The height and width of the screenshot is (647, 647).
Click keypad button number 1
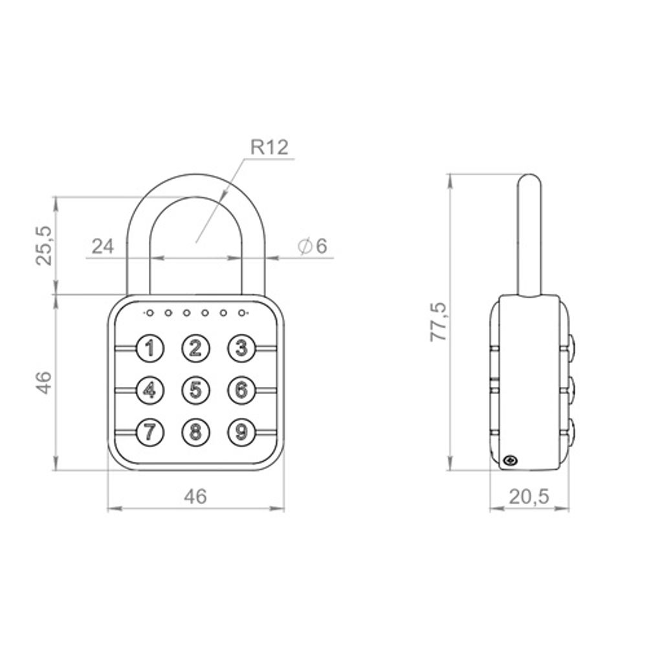(150, 349)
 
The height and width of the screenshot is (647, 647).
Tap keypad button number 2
(195, 349)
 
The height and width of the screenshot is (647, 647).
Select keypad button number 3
(241, 349)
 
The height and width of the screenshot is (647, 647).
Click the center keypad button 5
(195, 389)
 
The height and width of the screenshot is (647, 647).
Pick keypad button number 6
(241, 389)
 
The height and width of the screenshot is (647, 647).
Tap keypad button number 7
(150, 431)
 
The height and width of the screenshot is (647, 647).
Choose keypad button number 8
(195, 431)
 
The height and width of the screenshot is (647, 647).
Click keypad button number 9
(241, 431)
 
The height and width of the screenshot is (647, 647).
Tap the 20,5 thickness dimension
(529, 496)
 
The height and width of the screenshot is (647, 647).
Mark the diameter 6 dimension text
(313, 246)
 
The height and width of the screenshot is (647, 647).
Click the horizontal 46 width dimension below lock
(195, 496)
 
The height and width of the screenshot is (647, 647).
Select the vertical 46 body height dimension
(43, 382)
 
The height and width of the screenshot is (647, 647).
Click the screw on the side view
(510, 461)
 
